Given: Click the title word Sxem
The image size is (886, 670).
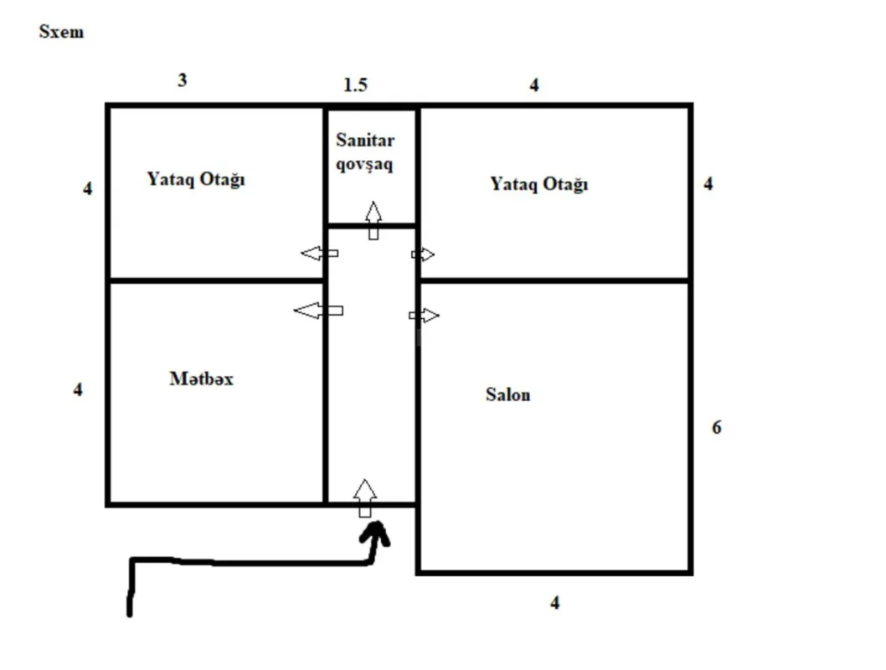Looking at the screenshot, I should click(x=61, y=33).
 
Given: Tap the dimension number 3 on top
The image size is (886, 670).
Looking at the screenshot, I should click(x=183, y=80).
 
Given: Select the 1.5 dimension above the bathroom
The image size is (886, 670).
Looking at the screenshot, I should click(x=355, y=85).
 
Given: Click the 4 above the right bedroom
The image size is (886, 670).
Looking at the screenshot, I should click(x=534, y=85).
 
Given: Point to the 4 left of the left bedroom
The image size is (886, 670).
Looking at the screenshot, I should click(x=88, y=188).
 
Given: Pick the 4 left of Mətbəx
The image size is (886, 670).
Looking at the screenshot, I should click(x=78, y=389).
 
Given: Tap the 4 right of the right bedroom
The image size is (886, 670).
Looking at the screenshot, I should click(x=708, y=184).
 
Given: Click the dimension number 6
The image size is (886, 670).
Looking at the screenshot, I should click(x=717, y=427).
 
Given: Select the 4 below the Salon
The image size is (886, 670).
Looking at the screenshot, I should click(x=554, y=603).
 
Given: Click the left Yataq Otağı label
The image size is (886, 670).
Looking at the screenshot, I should click(x=196, y=179).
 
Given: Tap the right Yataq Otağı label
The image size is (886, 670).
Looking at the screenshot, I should click(x=539, y=184).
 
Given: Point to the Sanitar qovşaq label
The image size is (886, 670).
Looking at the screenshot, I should click(x=365, y=152).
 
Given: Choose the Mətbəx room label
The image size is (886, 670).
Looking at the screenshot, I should click(x=201, y=379).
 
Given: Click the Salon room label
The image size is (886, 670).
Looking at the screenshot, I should click(x=507, y=394).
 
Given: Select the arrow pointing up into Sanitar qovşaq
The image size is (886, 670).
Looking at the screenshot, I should click(x=373, y=220).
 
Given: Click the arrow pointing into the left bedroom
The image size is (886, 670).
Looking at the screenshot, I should click(x=319, y=253).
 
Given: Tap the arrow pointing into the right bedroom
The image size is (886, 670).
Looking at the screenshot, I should click(x=423, y=255).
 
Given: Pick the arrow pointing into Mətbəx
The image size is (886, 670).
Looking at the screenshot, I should click(x=317, y=311).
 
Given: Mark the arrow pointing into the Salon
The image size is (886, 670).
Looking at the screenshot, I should click(x=424, y=316).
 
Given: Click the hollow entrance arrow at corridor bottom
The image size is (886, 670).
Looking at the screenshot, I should click(x=364, y=497).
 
